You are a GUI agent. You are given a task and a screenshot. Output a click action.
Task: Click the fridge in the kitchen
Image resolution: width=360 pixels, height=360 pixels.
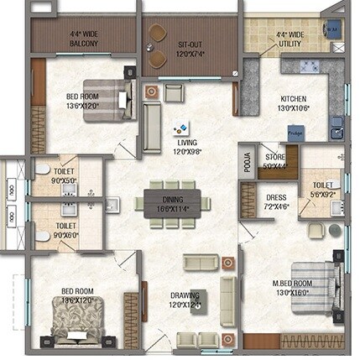pos(295,132)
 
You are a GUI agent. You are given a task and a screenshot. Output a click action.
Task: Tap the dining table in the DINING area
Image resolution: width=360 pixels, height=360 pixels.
pos(172,203)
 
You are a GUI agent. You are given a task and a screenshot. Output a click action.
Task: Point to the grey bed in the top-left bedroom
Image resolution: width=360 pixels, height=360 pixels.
pos(104,100)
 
